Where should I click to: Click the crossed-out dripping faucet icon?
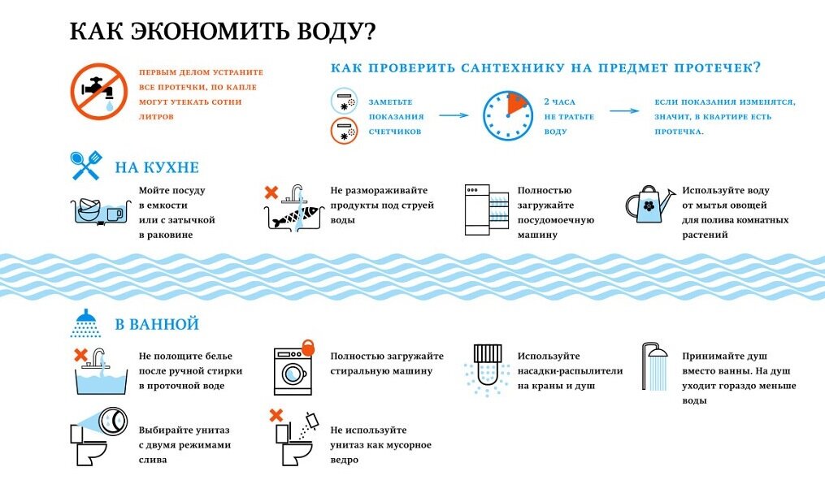pyautogui.click(x=99, y=92)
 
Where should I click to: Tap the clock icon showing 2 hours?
pyautogui.click(x=508, y=115)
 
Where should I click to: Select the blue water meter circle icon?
pyautogui.click(x=344, y=101)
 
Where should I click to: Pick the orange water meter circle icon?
pyautogui.click(x=344, y=131)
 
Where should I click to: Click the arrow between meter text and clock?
pyautogui.click(x=454, y=115)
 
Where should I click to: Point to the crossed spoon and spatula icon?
pyautogui.click(x=86, y=166)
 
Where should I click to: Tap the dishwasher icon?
pyautogui.click(x=487, y=210)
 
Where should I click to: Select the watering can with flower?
pyautogui.click(x=649, y=204)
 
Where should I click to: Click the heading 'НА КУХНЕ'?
pyautogui.click(x=157, y=167)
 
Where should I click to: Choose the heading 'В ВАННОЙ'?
pyautogui.click(x=157, y=324)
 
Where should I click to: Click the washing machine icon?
pyautogui.click(x=293, y=371)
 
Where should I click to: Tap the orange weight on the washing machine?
pyautogui.click(x=308, y=347)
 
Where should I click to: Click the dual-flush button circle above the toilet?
pyautogui.click(x=113, y=421)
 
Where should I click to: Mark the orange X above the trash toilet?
pyautogui.click(x=276, y=415)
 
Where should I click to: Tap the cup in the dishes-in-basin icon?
pyautogui.click(x=115, y=214)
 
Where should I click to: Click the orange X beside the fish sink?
pyautogui.click(x=271, y=192)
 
